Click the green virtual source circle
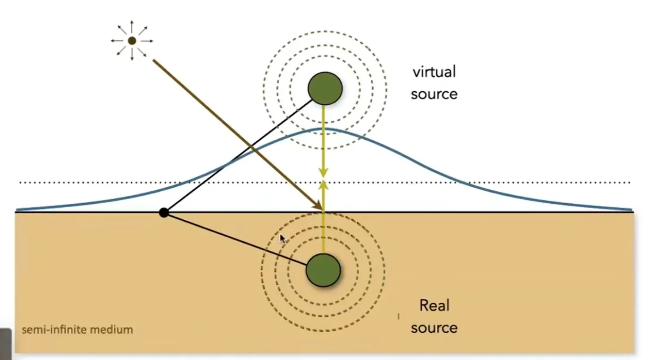[325, 88]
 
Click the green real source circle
[323, 270]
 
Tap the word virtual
[434, 72]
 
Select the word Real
[434, 305]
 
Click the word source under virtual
[434, 94]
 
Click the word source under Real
[434, 328]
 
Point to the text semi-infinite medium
[77, 330]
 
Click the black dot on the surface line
[164, 212]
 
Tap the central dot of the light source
[132, 40]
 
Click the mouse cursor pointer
[282, 239]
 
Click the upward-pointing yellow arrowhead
[323, 185]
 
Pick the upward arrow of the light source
[132, 26]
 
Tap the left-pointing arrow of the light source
[117, 41]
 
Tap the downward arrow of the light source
[132, 55]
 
